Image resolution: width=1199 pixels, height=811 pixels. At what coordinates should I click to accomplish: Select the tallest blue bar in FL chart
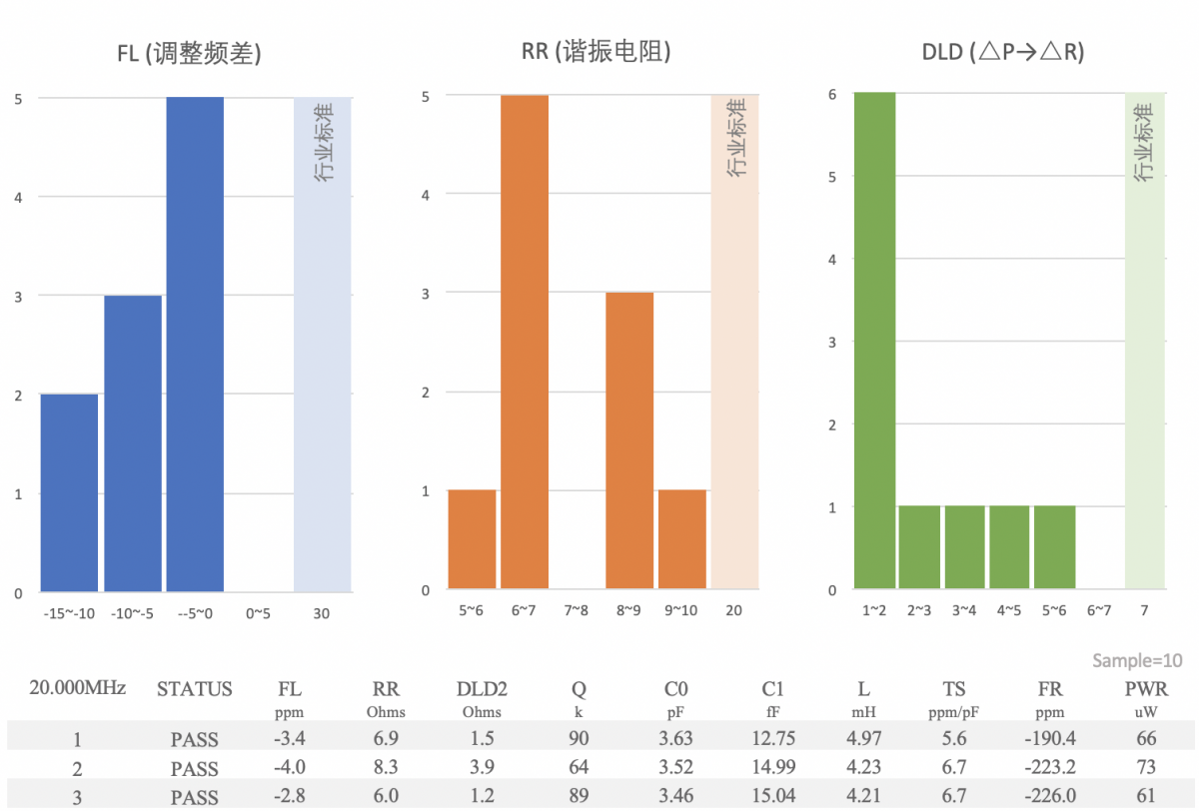(194, 345)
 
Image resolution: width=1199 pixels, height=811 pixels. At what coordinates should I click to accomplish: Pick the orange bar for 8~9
(629, 440)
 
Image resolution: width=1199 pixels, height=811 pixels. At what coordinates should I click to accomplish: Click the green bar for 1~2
(874, 341)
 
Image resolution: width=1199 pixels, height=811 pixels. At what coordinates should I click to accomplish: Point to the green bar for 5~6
(1054, 547)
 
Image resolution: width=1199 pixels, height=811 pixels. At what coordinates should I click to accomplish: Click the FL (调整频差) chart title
(189, 54)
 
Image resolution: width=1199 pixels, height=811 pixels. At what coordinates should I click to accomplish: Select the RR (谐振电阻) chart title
(596, 52)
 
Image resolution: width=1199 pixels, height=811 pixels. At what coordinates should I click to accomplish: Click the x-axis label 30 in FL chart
(321, 613)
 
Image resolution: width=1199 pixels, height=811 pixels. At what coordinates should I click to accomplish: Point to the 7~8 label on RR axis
(577, 610)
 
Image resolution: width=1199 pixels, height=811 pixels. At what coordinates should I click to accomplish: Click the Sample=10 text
(1137, 661)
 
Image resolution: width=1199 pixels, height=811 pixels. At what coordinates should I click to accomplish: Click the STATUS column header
(194, 689)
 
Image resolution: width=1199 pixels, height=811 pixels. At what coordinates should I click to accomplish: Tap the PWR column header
(1146, 689)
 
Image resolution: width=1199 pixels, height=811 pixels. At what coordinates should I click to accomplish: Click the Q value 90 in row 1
(579, 739)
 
